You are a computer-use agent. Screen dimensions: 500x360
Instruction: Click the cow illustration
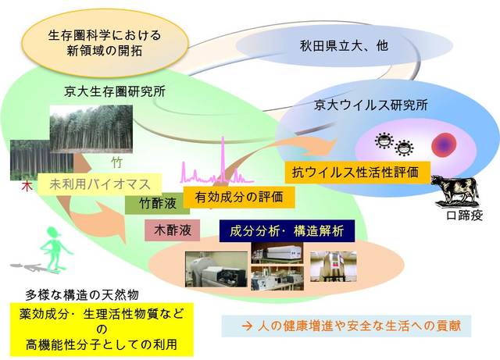point(455,191)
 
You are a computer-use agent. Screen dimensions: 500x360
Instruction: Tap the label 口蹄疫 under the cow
point(464,216)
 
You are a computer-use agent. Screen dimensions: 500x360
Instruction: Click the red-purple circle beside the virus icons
point(444,145)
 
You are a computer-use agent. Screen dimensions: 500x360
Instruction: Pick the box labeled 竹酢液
point(157,204)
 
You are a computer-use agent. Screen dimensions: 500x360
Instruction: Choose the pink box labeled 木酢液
point(172,230)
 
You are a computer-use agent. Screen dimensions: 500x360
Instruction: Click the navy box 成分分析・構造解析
point(287,231)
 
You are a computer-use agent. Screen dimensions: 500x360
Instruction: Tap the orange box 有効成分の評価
point(239,197)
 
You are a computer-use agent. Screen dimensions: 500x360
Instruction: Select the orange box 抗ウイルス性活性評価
point(358,173)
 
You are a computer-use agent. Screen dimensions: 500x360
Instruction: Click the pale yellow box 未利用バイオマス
point(99,184)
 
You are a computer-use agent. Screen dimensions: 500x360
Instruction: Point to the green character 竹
point(116,162)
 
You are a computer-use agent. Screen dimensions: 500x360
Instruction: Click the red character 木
point(27,187)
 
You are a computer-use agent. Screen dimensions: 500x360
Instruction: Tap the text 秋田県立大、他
point(344,46)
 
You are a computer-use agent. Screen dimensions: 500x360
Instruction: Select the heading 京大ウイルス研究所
point(371,105)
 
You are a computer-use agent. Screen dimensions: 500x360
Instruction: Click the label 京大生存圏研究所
point(115,92)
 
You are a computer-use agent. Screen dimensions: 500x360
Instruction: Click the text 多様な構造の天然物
point(82,295)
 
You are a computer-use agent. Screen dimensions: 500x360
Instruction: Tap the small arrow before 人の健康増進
point(247,326)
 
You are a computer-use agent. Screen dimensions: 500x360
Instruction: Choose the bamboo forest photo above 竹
point(91,129)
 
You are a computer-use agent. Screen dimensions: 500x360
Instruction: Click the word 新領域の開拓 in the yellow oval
point(104,51)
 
